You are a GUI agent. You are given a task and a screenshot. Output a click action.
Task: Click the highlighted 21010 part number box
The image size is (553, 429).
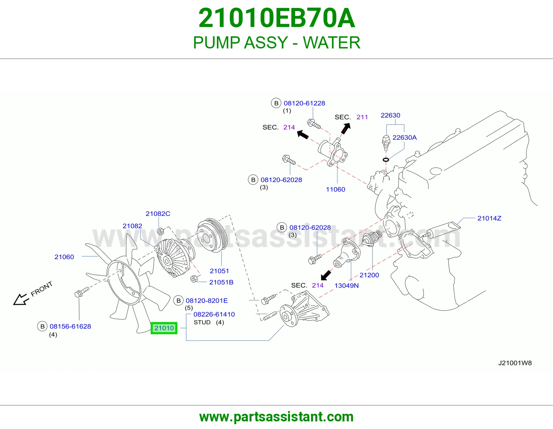pos(164,328)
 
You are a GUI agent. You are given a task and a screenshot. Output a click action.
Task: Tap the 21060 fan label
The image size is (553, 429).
pos(64,257)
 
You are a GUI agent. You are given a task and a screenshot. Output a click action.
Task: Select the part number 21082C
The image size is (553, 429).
pos(158,213)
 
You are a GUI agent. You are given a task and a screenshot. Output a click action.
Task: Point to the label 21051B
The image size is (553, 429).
pos(221,282)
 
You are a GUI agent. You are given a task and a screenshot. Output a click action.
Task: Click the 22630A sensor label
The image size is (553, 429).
pos(404,137)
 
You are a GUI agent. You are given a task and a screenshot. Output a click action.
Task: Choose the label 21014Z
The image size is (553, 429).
pos(489,218)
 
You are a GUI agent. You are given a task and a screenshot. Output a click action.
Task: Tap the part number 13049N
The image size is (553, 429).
pos(346,285)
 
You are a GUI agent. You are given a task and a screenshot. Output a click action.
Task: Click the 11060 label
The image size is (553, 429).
pos(335,189)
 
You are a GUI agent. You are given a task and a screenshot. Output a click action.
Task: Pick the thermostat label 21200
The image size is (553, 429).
pos(369,275)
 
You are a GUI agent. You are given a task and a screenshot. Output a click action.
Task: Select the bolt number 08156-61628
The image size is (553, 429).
pos(70,326)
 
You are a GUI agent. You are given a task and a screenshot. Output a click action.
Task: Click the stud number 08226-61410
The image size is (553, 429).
pos(214,314)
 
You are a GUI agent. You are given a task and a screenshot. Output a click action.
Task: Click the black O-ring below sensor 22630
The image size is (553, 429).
pos(386,160)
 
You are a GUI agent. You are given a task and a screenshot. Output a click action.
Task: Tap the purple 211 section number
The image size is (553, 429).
pos(362,117)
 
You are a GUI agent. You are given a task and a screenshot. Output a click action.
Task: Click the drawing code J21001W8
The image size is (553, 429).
pos(515,363)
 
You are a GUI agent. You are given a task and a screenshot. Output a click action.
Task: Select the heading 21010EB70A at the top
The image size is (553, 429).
pos(276,18)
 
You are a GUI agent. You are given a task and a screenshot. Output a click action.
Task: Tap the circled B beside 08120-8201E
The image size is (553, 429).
pos(178,301)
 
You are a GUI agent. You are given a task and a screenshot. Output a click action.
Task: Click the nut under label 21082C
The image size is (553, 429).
pos(160,231)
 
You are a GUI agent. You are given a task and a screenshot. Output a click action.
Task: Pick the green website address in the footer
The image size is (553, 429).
pos(276,417)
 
